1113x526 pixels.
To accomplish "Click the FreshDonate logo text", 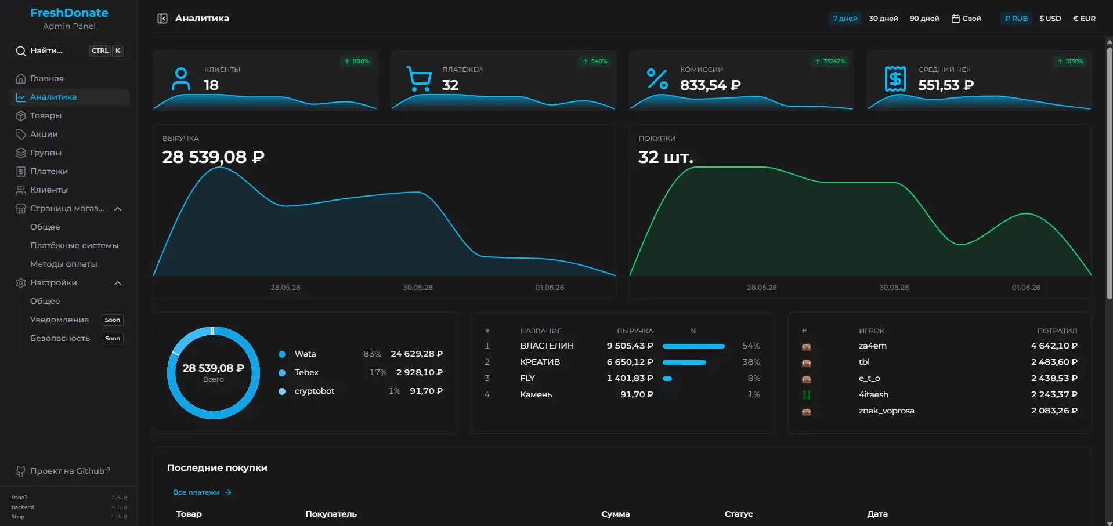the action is coord(69,13).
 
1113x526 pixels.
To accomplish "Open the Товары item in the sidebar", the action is coord(46,115).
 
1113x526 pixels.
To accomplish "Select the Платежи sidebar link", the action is coord(49,171).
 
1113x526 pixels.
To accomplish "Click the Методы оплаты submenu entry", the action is coord(64,264).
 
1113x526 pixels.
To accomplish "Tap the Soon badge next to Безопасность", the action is coord(113,339).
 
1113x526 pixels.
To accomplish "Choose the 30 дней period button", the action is coord(883,19).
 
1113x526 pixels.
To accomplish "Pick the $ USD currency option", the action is coord(1050,19).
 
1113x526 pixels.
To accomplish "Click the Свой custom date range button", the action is coord(966,19).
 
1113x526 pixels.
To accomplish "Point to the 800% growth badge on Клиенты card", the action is coord(356,61).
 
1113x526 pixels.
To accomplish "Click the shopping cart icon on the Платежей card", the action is coord(419,79).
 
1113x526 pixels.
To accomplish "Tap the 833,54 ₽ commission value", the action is coord(710,85).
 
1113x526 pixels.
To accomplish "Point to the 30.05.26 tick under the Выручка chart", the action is coord(418,288).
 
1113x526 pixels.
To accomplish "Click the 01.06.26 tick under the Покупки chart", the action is coord(1026,288).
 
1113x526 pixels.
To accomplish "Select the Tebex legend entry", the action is coord(306,372).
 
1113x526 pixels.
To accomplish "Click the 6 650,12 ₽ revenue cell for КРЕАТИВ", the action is coord(630,362).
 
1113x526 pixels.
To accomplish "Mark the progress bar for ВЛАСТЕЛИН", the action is coord(693,346).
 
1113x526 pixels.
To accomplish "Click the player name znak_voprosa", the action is coord(886,411).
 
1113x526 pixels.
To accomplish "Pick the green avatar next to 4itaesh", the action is coord(807,395).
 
